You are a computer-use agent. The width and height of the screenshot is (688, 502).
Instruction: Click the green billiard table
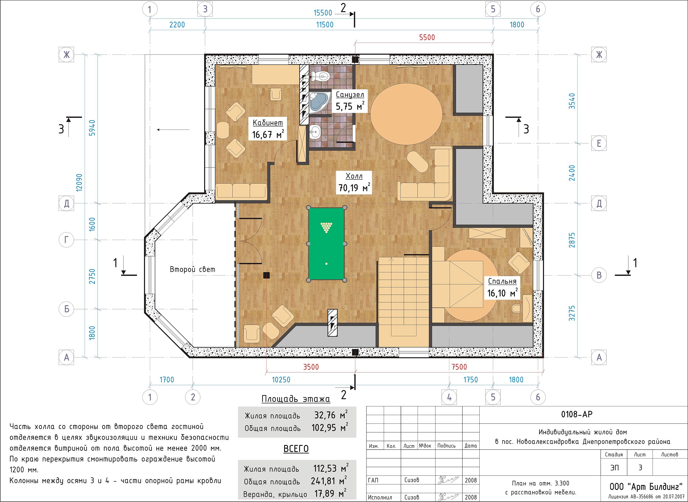point(327,244)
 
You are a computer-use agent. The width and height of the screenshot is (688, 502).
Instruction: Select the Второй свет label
point(192,269)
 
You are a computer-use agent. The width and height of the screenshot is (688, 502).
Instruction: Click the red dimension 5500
point(427,37)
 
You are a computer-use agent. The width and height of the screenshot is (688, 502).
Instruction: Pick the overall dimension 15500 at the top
point(323,13)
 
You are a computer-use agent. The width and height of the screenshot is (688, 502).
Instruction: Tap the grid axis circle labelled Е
point(599,143)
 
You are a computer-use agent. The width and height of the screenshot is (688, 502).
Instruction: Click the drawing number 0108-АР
point(576,414)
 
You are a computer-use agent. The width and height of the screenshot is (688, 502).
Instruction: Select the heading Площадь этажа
point(296,399)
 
